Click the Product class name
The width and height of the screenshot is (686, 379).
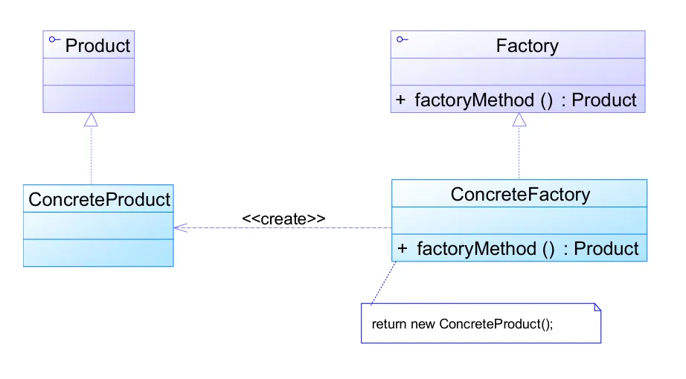(x=97, y=45)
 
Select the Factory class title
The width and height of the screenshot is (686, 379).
(x=527, y=45)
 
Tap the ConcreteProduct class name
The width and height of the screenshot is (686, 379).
(x=99, y=199)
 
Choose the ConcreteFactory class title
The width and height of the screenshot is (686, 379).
(x=520, y=195)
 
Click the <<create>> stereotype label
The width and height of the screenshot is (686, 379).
(x=283, y=218)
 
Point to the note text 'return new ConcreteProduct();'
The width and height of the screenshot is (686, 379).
(x=462, y=324)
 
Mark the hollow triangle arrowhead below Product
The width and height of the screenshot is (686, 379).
(x=91, y=120)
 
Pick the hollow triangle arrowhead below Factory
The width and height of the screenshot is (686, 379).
(x=519, y=120)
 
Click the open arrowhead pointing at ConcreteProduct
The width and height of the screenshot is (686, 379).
(x=179, y=227)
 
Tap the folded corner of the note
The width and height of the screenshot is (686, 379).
(x=596, y=308)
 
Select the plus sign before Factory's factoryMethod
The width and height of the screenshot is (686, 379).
(x=401, y=100)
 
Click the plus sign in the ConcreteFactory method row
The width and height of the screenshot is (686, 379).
(x=403, y=248)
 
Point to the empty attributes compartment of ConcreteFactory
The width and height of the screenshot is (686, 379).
(x=519, y=221)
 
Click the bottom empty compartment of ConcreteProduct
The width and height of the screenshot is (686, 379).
(x=98, y=253)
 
